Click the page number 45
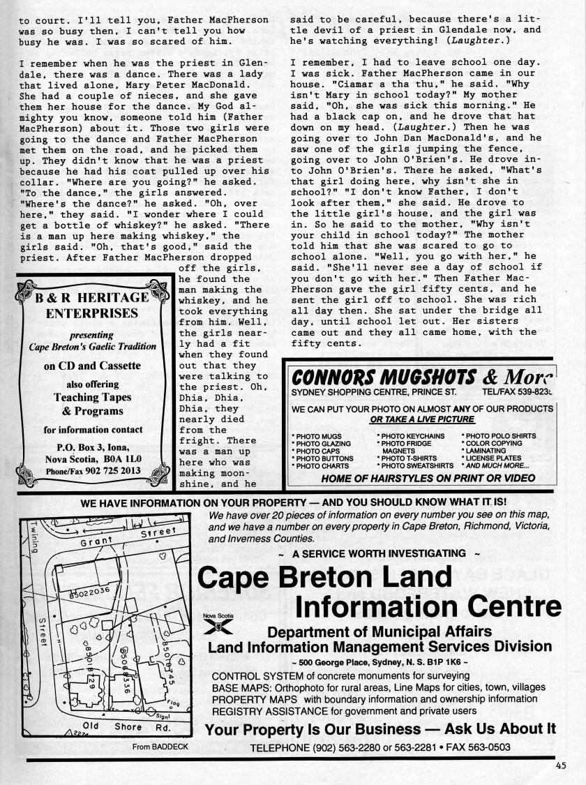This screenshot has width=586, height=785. tap(561, 765)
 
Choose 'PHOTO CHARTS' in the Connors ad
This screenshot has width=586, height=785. tap(321, 466)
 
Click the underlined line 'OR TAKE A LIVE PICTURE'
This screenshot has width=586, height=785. tap(422, 419)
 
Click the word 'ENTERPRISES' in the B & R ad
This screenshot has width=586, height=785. tap(92, 313)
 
